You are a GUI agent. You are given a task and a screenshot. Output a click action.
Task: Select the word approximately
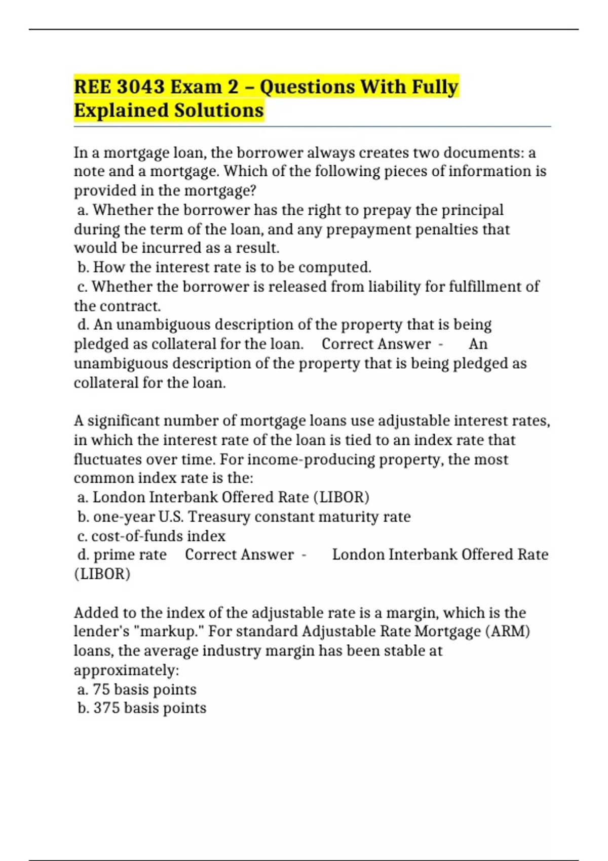coord(127,671)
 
